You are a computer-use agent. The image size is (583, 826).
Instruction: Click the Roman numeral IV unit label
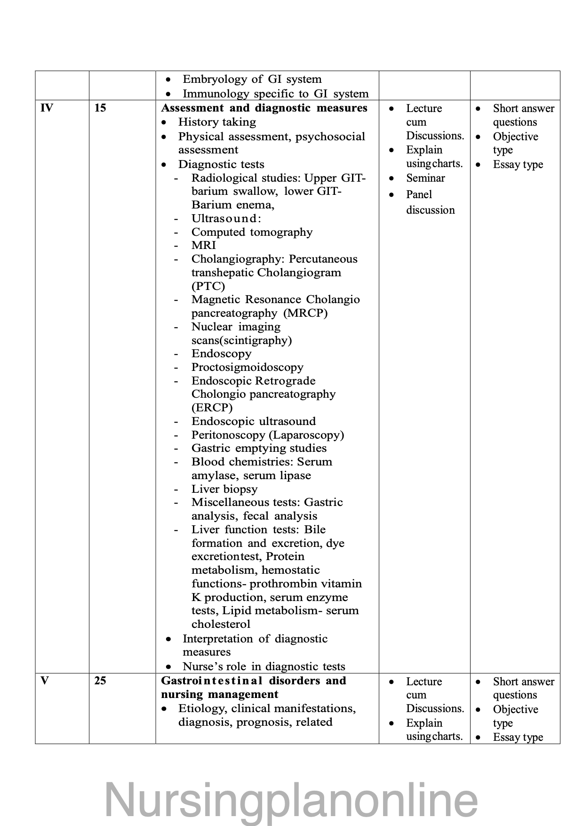[47, 108]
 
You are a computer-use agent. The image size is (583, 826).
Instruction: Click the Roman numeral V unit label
[45, 681]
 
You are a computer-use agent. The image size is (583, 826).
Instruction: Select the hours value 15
[100, 108]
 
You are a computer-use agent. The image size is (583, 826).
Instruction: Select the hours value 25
[100, 681]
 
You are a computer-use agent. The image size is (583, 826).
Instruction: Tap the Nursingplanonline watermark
[291, 800]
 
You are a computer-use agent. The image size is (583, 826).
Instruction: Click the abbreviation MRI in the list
[203, 245]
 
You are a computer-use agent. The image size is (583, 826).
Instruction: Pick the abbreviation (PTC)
[208, 286]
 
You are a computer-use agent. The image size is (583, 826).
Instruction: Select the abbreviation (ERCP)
[212, 408]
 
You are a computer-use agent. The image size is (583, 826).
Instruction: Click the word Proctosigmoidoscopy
[247, 367]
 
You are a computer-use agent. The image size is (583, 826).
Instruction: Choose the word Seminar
[425, 178]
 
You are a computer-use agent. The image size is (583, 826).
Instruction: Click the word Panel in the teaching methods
[419, 194]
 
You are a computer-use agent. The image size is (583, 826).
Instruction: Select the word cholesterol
[221, 624]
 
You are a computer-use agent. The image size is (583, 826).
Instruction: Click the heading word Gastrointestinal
[211, 681]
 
